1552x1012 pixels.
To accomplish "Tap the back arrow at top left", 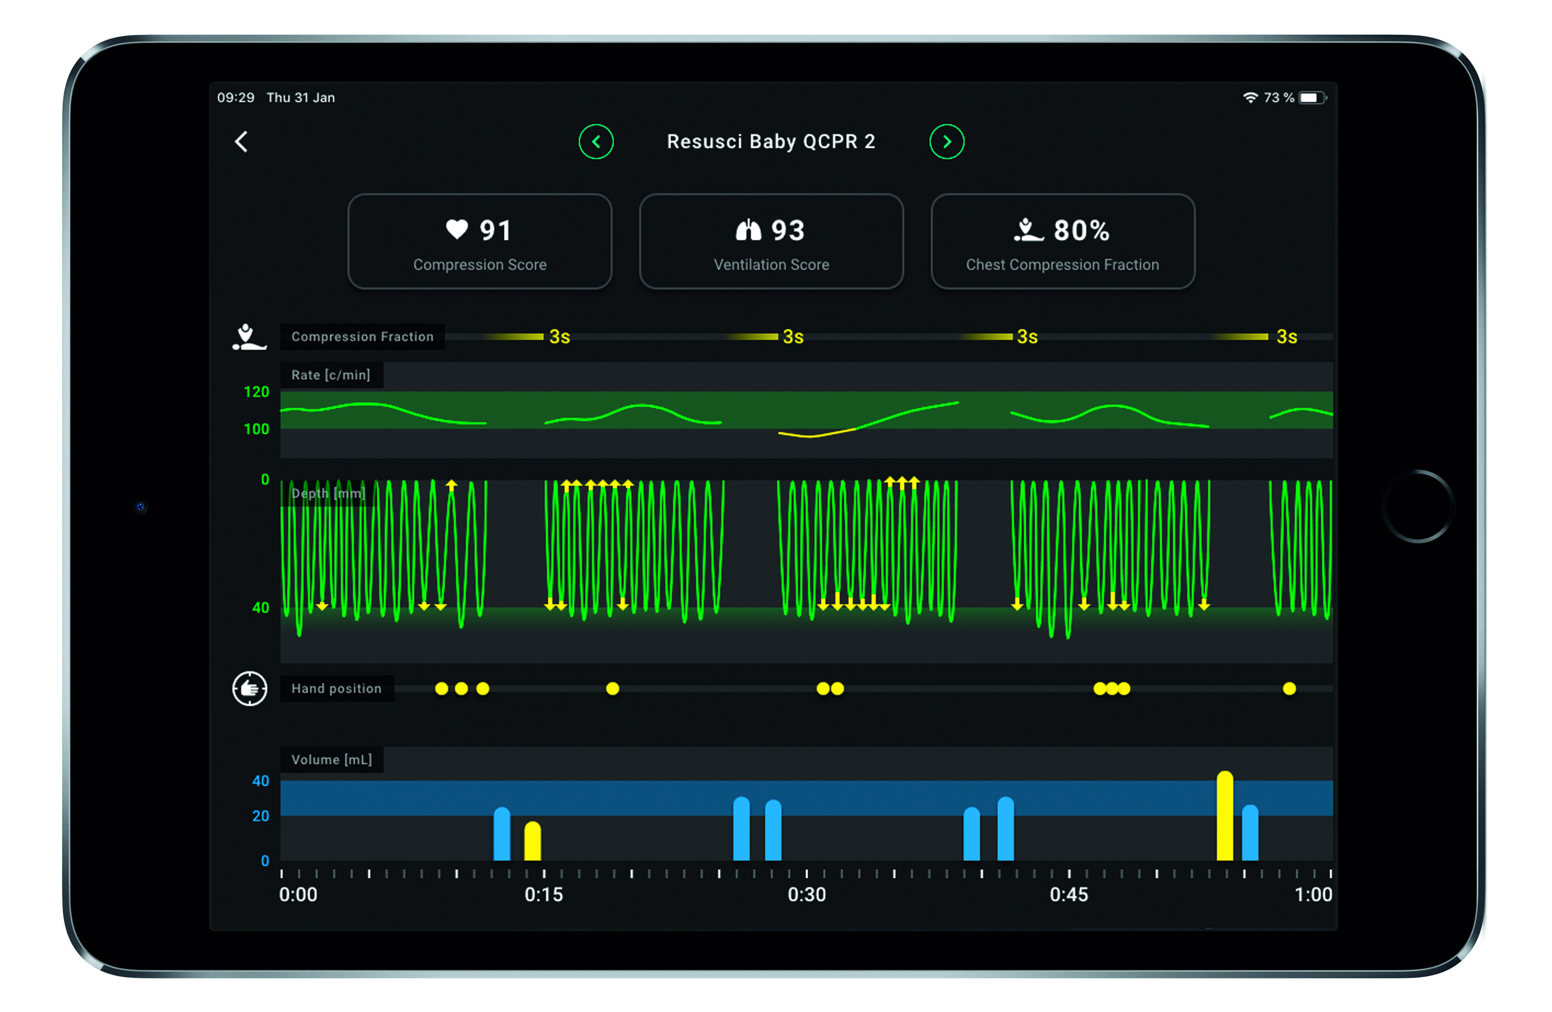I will [241, 142].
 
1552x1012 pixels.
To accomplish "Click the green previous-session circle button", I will [595, 142].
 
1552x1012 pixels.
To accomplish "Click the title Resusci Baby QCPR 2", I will [771, 142].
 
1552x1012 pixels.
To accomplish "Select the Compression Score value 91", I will [495, 230].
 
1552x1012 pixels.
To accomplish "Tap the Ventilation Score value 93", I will [788, 230].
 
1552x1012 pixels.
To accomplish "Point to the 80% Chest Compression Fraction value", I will [1081, 230].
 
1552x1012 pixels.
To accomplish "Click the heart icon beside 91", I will [456, 229].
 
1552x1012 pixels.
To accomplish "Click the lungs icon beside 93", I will [748, 230].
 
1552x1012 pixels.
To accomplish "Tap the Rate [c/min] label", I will [331, 375].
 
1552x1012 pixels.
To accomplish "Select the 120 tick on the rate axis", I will [256, 392].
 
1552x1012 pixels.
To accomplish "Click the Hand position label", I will [336, 689].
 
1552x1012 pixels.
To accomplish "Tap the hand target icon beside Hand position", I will [250, 689].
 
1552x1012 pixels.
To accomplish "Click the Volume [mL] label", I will [331, 760].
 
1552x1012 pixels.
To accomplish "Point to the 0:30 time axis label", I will [807, 894].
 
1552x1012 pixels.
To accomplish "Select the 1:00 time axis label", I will [1313, 894].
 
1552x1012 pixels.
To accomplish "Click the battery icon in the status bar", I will [1312, 98].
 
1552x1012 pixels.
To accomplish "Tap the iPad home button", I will [1418, 506].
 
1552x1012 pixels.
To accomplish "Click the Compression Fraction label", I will [362, 336].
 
